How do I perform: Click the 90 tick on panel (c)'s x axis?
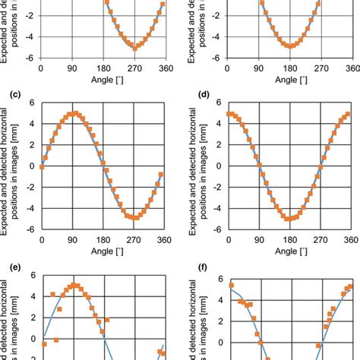(73, 240)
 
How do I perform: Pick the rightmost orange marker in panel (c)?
(160, 175)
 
